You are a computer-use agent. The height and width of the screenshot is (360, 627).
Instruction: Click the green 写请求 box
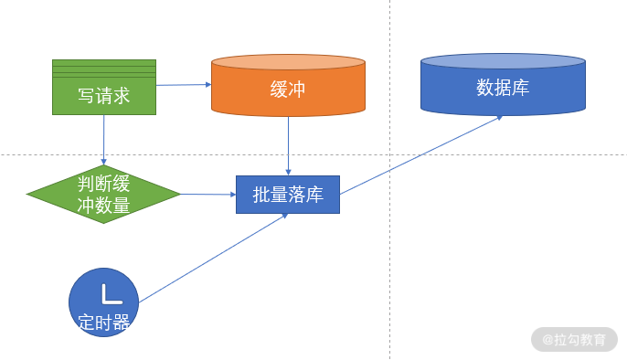click(104, 87)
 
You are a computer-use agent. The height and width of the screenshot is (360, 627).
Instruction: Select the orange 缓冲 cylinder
click(288, 86)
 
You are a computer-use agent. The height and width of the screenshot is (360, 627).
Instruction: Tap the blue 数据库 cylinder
click(503, 85)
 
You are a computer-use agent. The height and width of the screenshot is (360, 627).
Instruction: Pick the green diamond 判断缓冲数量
click(103, 195)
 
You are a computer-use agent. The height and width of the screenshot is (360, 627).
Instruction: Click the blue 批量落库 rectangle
click(288, 195)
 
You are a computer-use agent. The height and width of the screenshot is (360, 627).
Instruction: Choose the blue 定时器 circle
click(103, 302)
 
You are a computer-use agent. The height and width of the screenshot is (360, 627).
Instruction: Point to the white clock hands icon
click(112, 294)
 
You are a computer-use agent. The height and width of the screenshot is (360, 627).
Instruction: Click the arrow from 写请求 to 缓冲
click(184, 85)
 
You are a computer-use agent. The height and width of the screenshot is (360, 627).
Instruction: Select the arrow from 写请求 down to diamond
click(104, 140)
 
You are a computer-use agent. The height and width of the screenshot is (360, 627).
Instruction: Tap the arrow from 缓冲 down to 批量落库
click(288, 146)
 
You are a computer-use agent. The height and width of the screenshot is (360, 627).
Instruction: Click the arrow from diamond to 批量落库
click(208, 195)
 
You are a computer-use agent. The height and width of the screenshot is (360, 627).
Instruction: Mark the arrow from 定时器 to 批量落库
click(214, 258)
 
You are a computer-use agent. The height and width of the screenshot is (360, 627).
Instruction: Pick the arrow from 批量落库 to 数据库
click(421, 155)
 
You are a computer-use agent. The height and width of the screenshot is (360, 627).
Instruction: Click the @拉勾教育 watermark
click(574, 340)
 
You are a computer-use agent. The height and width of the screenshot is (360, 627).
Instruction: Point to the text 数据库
click(503, 87)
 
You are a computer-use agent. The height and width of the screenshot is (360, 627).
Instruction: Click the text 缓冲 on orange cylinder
click(288, 90)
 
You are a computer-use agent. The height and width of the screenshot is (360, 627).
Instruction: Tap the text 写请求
click(104, 96)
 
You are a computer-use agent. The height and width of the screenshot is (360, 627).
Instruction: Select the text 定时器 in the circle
click(104, 322)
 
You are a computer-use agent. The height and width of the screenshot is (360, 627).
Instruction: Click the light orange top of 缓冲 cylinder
click(288, 62)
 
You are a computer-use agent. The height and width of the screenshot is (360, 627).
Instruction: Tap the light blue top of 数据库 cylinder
click(503, 61)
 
